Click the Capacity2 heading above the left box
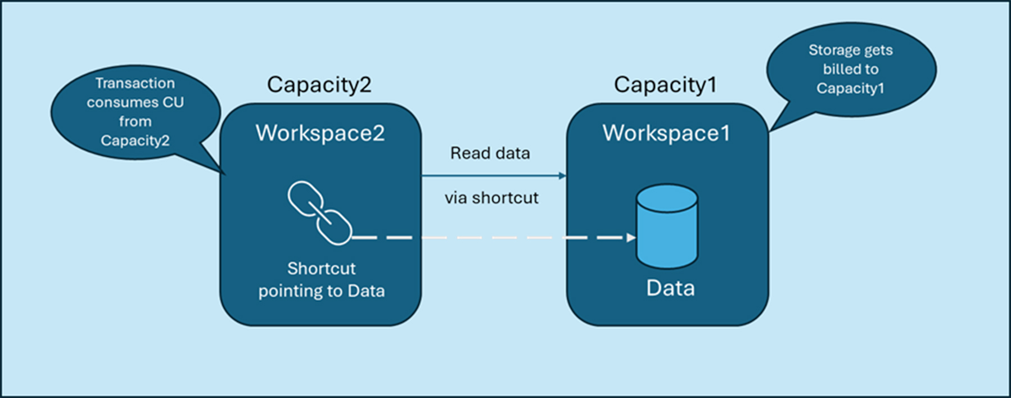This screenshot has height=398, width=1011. [319, 85]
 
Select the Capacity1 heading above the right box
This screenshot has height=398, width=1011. [665, 85]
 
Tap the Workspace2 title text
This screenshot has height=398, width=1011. [320, 133]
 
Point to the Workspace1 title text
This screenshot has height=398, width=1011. [666, 133]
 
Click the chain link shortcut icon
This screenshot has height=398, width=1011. [319, 212]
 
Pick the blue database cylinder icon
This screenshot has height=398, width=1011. [667, 226]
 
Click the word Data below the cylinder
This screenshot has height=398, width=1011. [670, 288]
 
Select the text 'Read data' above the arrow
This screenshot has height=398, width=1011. [490, 153]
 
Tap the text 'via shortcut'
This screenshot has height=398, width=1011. [491, 198]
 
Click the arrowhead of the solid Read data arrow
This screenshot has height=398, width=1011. [562, 176]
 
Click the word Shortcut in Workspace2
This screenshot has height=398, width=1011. [321, 269]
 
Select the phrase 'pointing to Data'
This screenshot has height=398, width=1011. [321, 291]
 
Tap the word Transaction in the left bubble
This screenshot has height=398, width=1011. [135, 83]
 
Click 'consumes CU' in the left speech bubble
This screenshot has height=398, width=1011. [135, 102]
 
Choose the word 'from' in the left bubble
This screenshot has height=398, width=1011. [135, 121]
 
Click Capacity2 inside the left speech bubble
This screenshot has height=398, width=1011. [135, 141]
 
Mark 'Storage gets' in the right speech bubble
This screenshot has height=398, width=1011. [850, 50]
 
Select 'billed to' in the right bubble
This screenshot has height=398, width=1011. [850, 69]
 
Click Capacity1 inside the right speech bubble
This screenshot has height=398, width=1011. [850, 88]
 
